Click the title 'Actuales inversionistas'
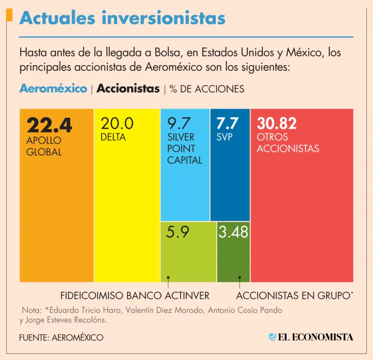tap(122, 18)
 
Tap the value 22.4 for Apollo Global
tap(49, 126)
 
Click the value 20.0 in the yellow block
tap(117, 124)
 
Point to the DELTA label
tap(113, 137)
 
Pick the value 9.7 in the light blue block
tap(179, 124)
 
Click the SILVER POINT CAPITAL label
tap(185, 148)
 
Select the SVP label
tap(224, 137)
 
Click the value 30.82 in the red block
tap(277, 124)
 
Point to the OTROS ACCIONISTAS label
tap(288, 143)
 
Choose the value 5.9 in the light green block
tap(177, 232)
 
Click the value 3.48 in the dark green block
tap(233, 232)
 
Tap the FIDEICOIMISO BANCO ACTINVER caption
tap(135, 295)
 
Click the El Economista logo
tap(311, 337)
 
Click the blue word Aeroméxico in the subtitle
tap(53, 89)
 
